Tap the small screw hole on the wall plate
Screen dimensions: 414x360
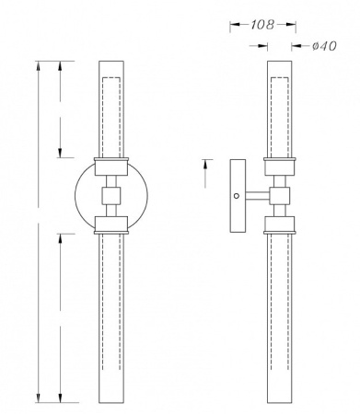tap(237, 195)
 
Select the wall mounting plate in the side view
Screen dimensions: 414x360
tap(238, 195)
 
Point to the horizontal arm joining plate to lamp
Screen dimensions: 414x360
tap(259, 195)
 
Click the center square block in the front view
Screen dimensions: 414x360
tap(111, 195)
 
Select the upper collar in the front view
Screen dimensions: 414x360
tap(111, 167)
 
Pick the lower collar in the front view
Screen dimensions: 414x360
tap(111, 224)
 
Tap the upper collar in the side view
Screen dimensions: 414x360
tap(279, 167)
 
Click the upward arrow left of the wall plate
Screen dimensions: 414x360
tap(204, 165)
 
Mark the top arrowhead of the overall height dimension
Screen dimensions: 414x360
tap(38, 65)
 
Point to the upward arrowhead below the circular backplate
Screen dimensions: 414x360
tap(61, 237)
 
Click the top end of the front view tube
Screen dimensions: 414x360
tap(111, 62)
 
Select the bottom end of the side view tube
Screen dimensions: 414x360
tap(279, 402)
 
